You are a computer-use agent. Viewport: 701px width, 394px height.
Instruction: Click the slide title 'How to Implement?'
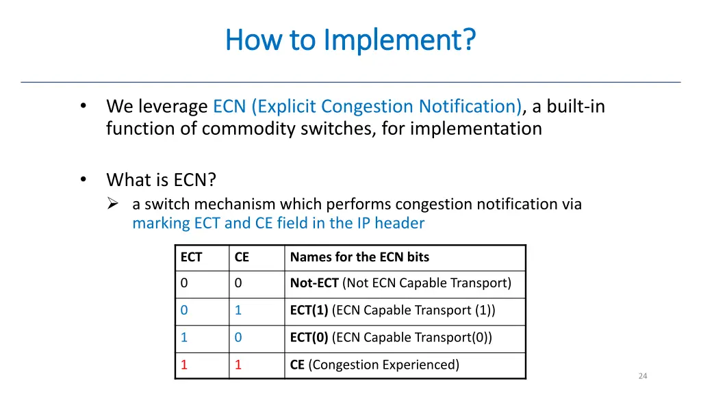[350, 40]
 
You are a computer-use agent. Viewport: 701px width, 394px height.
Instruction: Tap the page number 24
[642, 376]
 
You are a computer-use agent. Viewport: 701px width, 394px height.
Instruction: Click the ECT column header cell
[191, 257]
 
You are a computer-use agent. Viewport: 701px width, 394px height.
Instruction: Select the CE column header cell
[242, 257]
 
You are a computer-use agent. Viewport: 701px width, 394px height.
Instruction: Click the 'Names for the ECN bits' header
[359, 257]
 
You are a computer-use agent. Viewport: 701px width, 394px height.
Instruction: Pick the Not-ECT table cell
[400, 283]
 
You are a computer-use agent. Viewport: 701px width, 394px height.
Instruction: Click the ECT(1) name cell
[392, 311]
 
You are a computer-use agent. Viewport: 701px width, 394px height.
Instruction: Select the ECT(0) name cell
[391, 337]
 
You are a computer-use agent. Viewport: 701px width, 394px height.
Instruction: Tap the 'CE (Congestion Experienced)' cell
[374, 365]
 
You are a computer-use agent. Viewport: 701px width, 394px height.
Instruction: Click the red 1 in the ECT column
[184, 365]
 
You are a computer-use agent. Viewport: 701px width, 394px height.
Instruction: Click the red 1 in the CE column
[238, 365]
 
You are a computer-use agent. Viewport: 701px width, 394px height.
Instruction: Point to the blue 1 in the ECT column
[184, 337]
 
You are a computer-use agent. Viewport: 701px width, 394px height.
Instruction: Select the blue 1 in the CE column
[238, 311]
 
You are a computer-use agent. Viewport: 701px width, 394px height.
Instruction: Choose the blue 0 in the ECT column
[184, 311]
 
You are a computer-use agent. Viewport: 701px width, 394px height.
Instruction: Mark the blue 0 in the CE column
[238, 337]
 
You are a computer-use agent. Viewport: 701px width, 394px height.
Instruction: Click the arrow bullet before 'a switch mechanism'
[114, 204]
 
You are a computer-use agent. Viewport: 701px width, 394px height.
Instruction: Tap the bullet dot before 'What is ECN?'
[83, 179]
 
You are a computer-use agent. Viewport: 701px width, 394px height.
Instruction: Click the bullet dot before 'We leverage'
[83, 106]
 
